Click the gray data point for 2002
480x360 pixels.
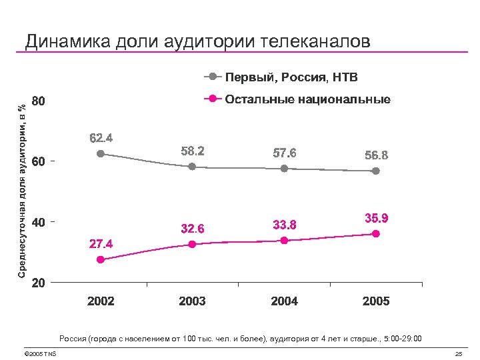[x=101, y=153]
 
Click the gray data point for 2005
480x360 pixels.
[x=376, y=171]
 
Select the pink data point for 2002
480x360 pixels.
[x=101, y=260]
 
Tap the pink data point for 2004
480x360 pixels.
[x=284, y=241]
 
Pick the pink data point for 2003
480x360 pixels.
[x=192, y=244]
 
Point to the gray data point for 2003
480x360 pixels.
[x=192, y=167]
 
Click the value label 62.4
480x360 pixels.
[x=101, y=139]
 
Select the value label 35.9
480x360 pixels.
[x=376, y=218]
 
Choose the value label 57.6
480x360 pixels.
[x=284, y=153]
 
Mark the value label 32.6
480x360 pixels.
[x=192, y=229]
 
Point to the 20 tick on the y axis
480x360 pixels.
[x=39, y=283]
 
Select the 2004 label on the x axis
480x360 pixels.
[x=284, y=301]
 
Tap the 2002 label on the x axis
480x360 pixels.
[x=101, y=301]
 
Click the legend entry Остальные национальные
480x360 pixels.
[x=307, y=99]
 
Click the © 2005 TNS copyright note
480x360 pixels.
[x=39, y=353]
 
